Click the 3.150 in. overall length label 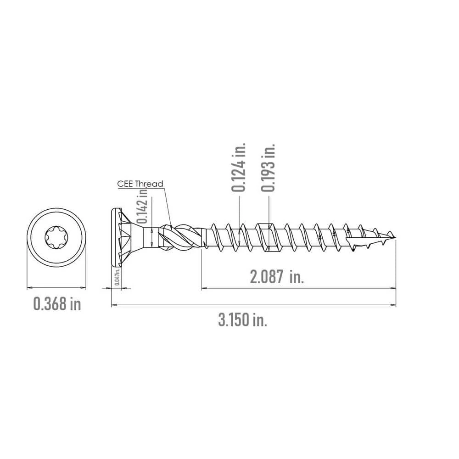pos(242,320)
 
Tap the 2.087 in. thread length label pos(277,277)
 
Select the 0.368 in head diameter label pos(57,303)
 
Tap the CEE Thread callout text pos(140,184)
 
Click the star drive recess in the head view pos(56,237)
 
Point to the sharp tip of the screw pos(395,237)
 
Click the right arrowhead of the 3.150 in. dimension pos(393,304)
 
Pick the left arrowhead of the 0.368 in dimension pos(29,288)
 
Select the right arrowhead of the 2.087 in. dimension pos(393,288)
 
